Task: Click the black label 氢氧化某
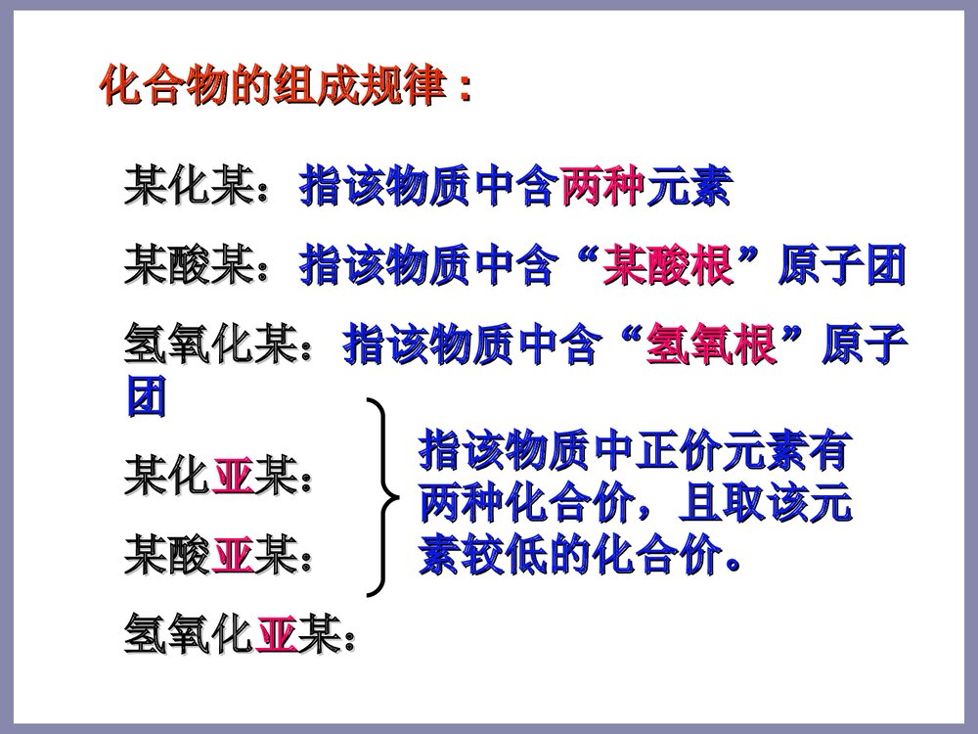click(209, 345)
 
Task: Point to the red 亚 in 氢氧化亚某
click(275, 640)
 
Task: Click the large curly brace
click(384, 497)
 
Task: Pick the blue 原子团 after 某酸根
click(841, 265)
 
